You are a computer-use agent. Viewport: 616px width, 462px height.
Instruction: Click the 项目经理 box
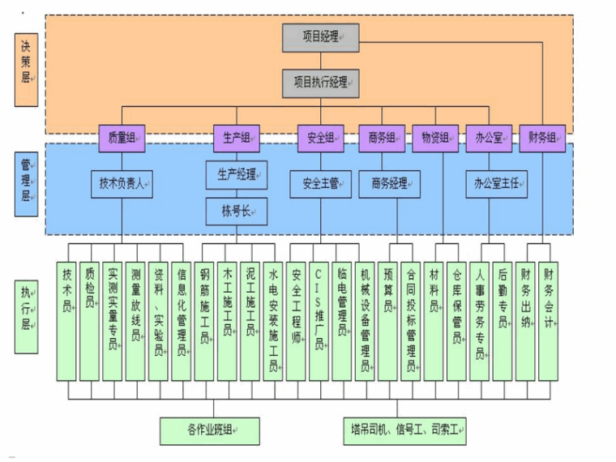tap(320, 36)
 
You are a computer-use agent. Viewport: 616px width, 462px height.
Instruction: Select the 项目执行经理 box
tap(320, 82)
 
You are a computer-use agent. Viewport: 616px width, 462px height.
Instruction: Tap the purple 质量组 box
tap(122, 138)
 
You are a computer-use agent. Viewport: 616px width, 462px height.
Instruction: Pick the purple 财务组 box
tap(542, 138)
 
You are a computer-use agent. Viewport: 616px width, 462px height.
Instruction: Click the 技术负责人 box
tap(122, 184)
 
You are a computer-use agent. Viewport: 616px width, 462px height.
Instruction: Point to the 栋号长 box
tap(237, 212)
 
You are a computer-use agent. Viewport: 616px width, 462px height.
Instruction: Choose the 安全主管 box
tap(320, 184)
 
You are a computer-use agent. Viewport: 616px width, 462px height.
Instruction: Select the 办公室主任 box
tap(496, 184)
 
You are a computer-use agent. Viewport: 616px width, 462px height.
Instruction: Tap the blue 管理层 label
tap(27, 181)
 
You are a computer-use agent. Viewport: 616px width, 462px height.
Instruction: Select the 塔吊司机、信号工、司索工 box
tap(404, 430)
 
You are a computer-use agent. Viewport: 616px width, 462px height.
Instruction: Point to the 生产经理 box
tap(237, 173)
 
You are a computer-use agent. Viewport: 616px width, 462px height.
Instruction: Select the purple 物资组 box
tap(435, 138)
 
